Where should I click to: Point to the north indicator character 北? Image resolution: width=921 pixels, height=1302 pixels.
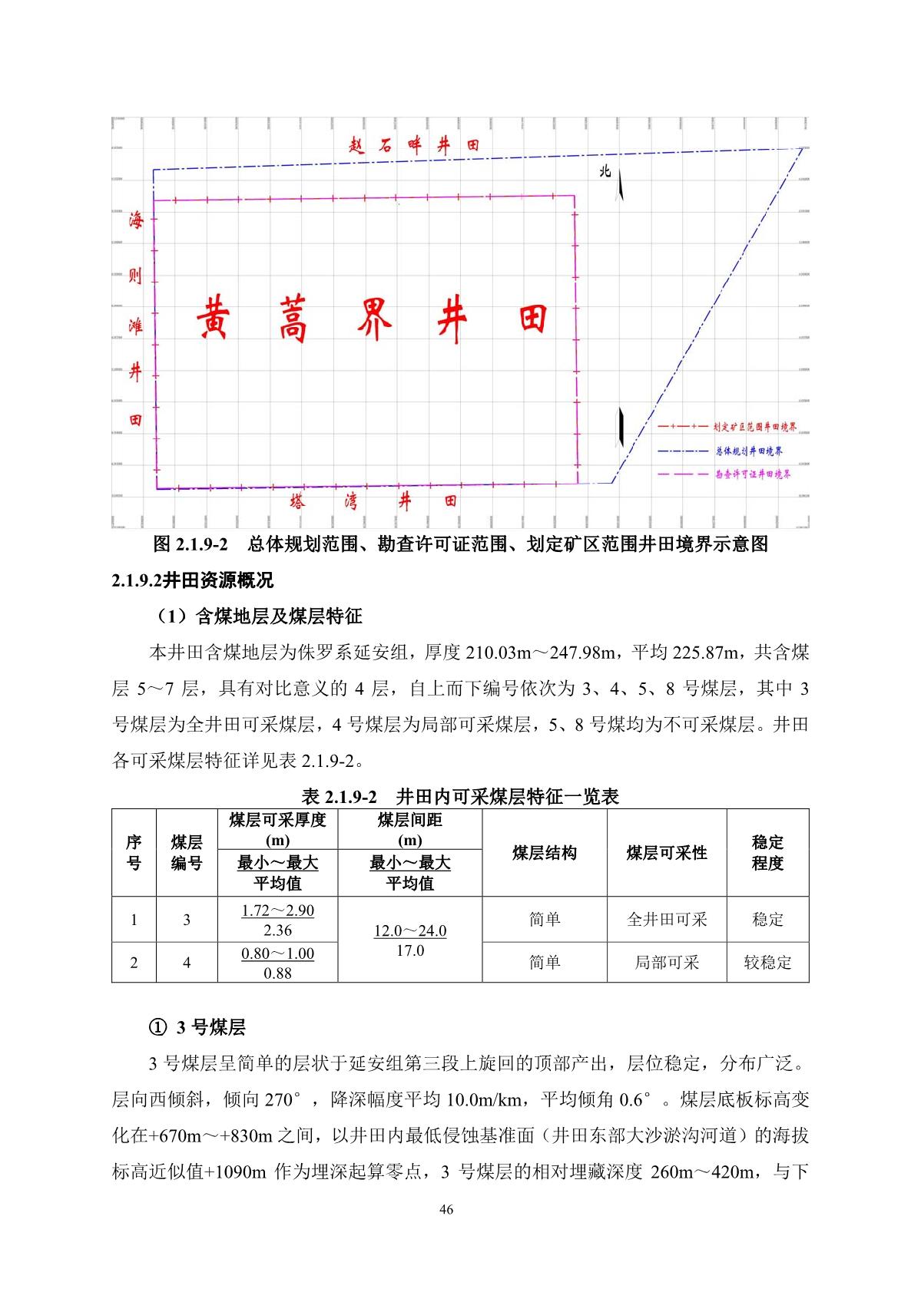click(605, 171)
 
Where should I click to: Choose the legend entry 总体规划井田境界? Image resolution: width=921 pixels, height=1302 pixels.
click(749, 451)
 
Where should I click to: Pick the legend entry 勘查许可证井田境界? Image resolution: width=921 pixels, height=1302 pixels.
click(753, 474)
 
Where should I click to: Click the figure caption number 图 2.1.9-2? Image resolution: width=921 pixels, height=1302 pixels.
click(192, 544)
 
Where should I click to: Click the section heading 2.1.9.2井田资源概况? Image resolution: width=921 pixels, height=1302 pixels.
click(193, 580)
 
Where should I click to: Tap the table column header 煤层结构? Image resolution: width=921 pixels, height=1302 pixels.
click(544, 853)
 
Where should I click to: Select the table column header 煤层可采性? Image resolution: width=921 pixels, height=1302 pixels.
click(666, 853)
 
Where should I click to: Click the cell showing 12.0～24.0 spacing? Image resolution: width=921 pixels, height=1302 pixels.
click(409, 930)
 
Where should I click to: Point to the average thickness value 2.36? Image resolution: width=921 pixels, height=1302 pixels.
click(277, 930)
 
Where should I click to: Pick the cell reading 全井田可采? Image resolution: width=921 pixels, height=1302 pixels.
click(666, 919)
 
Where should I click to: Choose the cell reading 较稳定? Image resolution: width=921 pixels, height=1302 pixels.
click(767, 962)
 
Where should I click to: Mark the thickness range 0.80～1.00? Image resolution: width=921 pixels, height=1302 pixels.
click(277, 953)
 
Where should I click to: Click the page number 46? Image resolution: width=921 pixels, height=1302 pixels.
click(446, 1210)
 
